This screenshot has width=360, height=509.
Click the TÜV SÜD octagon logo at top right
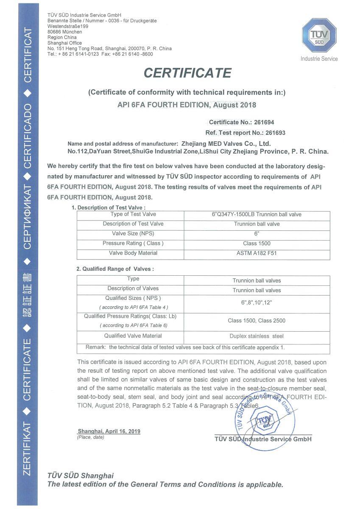[319, 36]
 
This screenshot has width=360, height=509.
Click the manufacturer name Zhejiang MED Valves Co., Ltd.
[226, 143]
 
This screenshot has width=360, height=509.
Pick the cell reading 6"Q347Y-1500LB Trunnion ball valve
[257, 215]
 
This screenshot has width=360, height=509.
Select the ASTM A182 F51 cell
[257, 254]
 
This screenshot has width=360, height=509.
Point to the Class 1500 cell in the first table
[257, 243]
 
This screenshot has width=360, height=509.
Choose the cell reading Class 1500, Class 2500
[257, 321]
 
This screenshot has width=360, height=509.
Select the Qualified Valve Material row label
[133, 336]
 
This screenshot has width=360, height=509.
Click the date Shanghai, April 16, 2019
[109, 431]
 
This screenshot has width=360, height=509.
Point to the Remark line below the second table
[185, 347]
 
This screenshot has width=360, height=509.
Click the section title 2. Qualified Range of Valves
[115, 269]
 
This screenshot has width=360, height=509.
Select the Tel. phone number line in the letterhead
[100, 54]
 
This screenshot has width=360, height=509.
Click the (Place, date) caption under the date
[90, 437]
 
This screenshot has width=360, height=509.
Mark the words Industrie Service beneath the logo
[319, 59]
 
